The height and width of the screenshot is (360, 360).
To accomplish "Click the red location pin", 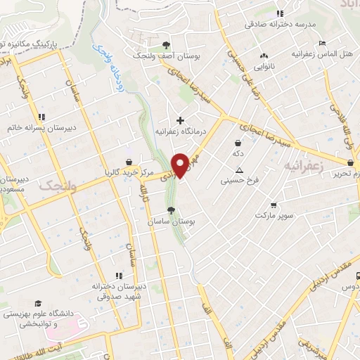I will [x=181, y=165].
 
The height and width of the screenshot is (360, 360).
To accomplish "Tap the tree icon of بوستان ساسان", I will [x=170, y=210].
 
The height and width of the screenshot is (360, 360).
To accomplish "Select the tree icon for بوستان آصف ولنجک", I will [x=166, y=43].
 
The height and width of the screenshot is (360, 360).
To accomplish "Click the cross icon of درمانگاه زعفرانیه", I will [x=181, y=120].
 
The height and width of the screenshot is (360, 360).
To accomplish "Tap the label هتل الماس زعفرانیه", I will [x=325, y=54].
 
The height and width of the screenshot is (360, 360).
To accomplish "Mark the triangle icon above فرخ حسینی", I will [x=239, y=169].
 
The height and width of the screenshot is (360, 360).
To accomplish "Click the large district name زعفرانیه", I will [x=302, y=165].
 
